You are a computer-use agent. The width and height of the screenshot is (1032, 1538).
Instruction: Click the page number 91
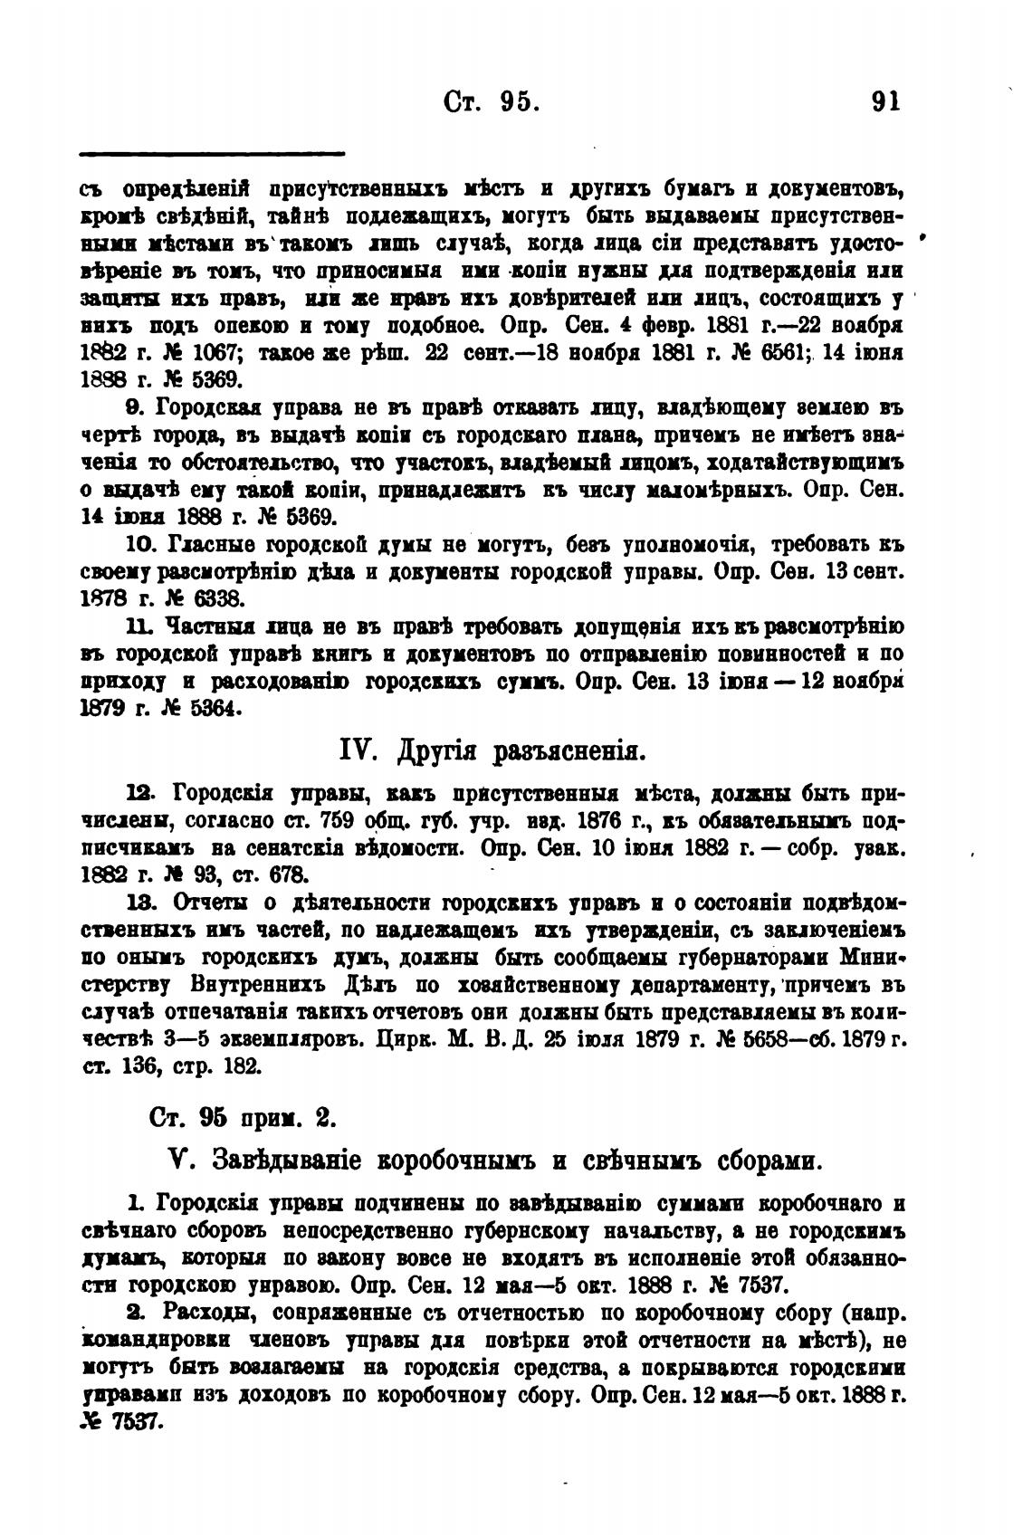(x=884, y=100)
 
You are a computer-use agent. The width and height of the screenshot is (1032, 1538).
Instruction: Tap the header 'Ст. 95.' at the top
(x=493, y=100)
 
